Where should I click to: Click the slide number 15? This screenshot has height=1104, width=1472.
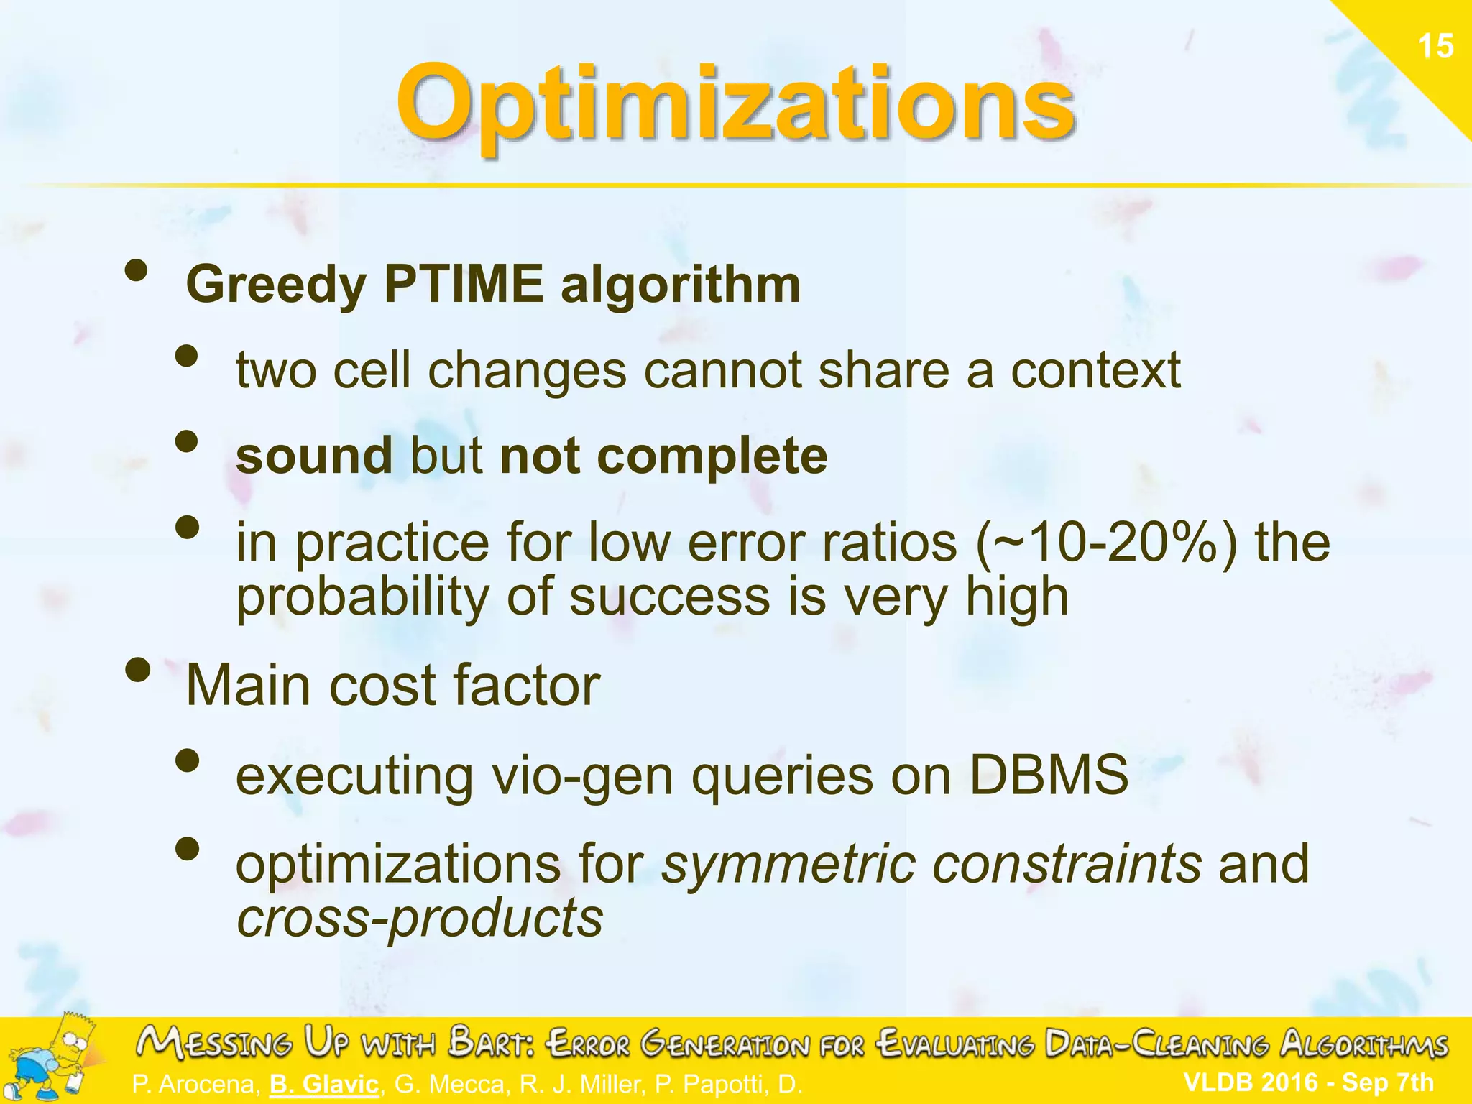click(1435, 47)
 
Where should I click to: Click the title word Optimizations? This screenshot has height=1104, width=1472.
click(735, 104)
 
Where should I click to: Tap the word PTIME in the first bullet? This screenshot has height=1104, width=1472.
click(464, 285)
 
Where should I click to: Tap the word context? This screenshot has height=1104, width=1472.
click(1095, 371)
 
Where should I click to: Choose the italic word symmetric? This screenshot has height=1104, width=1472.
click(788, 864)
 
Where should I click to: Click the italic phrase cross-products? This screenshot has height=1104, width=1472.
click(420, 919)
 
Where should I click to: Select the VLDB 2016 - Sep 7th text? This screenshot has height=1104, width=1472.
click(1308, 1082)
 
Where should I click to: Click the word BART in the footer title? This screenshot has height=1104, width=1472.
click(492, 1044)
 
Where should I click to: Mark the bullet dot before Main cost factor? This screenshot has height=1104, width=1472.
click(137, 670)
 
